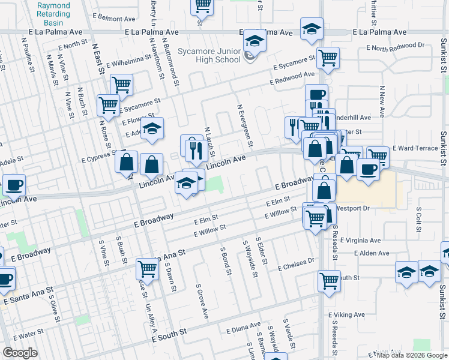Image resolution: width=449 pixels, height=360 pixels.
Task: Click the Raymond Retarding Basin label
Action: coord(53,10)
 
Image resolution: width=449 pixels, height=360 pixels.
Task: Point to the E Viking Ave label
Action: coord(346,314)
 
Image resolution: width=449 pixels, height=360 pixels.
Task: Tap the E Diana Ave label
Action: coord(243,329)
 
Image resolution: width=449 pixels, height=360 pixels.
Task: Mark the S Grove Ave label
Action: coord(200,301)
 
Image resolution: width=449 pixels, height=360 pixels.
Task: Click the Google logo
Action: coord(20,353)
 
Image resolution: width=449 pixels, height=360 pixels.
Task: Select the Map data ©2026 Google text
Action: coord(412,355)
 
